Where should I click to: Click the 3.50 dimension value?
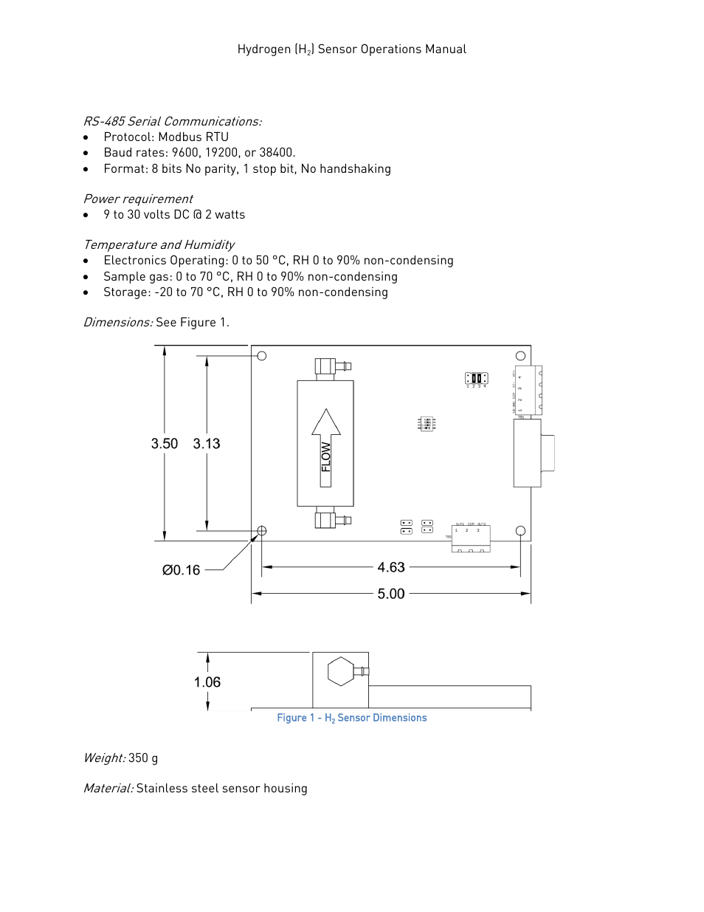click(x=165, y=444)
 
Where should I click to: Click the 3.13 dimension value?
click(x=207, y=444)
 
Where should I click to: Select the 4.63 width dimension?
click(x=391, y=567)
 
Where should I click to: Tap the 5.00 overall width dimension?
click(x=391, y=594)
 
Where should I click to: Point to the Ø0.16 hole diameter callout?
click(x=182, y=570)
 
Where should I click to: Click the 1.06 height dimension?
click(x=207, y=682)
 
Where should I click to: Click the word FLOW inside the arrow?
click(x=325, y=457)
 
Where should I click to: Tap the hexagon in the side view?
click(x=340, y=671)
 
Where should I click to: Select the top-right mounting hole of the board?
click(x=520, y=355)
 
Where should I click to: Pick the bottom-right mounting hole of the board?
click(x=520, y=530)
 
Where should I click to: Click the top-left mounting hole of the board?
click(x=261, y=356)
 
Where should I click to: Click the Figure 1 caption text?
click(x=352, y=718)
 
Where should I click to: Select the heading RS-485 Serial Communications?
click(x=172, y=121)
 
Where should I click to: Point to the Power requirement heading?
click(x=138, y=199)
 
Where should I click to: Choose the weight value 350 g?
click(x=143, y=758)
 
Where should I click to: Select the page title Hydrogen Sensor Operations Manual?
click(x=352, y=49)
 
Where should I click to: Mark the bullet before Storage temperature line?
click(x=86, y=292)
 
